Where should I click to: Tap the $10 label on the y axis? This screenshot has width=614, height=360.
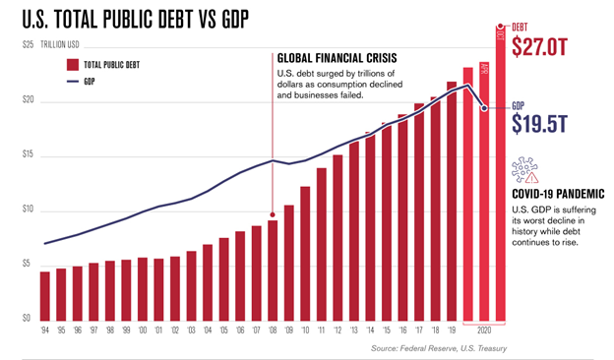(x=29, y=210)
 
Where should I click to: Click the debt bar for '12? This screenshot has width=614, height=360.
(x=338, y=237)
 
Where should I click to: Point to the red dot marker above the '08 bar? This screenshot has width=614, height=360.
(x=272, y=214)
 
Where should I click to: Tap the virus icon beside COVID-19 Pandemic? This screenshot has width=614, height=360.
(x=524, y=170)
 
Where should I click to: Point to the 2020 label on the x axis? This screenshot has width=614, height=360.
(x=484, y=332)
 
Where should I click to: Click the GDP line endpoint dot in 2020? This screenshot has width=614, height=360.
(x=484, y=107)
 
